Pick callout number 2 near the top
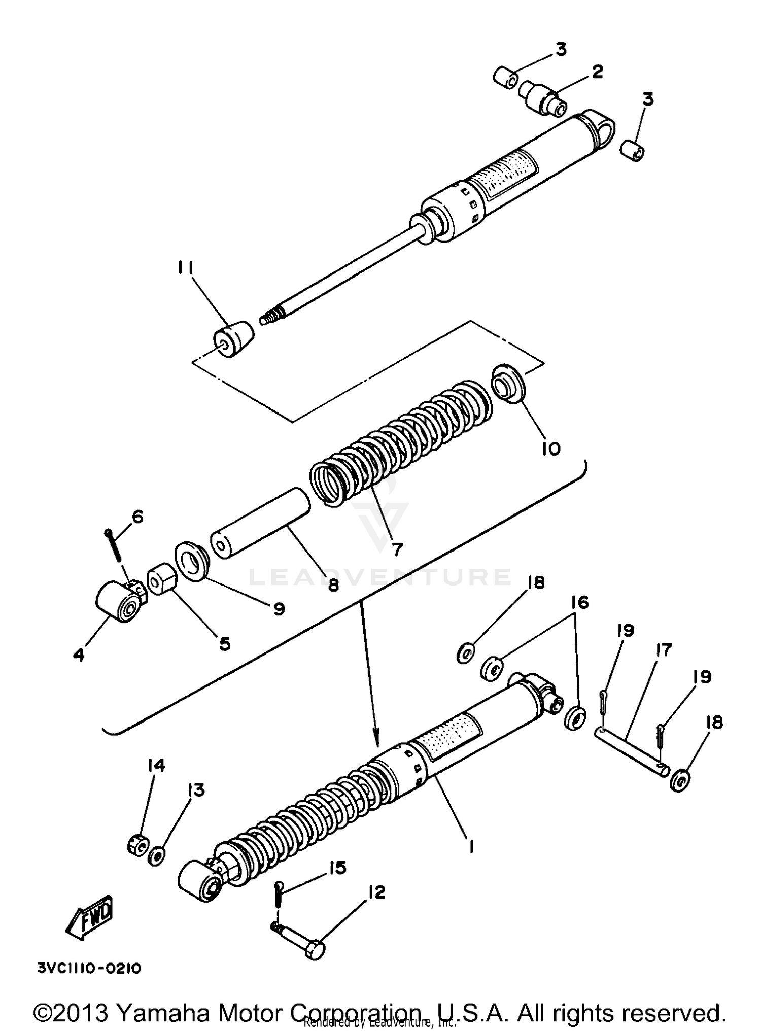597,73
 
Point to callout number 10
551,449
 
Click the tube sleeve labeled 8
261,523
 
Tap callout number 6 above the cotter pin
137,517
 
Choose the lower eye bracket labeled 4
118,602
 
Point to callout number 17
664,650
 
